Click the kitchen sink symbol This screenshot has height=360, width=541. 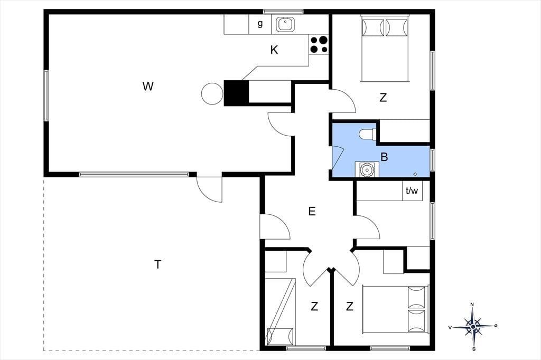(285, 24)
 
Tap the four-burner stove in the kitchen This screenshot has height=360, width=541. (319, 44)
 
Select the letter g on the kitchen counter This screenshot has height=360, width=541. (260, 24)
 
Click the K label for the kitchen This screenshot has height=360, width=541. (274, 50)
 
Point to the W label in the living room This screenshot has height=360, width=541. (148, 86)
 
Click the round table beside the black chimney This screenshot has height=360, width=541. (212, 93)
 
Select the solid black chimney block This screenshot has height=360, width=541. (236, 93)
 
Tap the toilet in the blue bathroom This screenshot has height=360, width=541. (367, 134)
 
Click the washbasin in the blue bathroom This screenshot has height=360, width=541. (367, 169)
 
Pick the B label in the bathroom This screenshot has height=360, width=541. (384, 157)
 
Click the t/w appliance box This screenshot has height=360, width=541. (412, 191)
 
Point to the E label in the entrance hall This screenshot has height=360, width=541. (312, 211)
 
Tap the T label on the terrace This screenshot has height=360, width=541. (157, 264)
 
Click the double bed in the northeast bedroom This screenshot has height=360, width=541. (385, 48)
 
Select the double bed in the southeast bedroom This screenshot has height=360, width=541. (395, 309)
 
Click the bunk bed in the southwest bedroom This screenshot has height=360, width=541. (280, 311)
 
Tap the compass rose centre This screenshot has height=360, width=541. (473, 326)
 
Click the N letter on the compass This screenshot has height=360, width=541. (472, 305)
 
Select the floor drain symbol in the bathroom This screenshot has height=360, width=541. (415, 174)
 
